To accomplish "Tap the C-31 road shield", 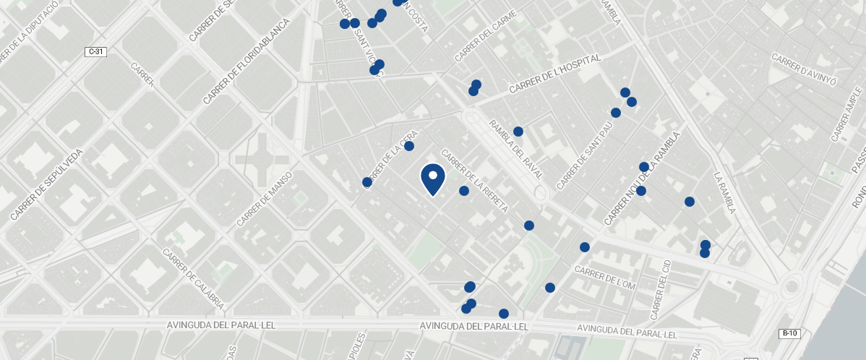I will (95, 51).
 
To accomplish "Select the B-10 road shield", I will (789, 333).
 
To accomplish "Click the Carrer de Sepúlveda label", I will (48, 184).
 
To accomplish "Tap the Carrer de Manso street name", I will (264, 199).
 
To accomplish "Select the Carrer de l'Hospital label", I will (554, 74).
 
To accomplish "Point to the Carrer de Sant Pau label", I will (585, 155).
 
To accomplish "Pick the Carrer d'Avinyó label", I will (803, 69).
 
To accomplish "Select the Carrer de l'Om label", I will (604, 278).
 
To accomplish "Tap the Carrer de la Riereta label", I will (474, 181).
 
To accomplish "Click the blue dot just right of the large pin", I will (464, 191).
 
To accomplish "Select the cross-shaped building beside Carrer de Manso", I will (261, 158).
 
